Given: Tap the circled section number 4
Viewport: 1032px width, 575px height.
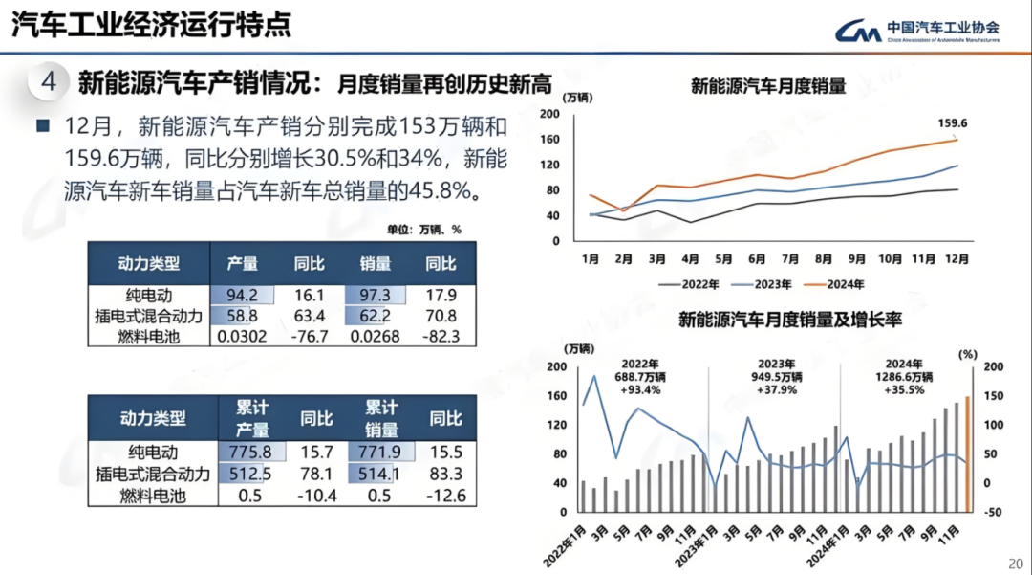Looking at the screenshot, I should (x=50, y=82).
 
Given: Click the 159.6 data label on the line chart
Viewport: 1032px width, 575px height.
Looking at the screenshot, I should (x=953, y=123).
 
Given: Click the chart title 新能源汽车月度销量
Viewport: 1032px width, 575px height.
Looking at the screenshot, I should (x=767, y=86).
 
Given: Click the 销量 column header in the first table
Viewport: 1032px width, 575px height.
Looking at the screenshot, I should (x=376, y=263).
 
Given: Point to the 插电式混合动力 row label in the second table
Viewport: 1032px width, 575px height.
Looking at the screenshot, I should (x=153, y=474).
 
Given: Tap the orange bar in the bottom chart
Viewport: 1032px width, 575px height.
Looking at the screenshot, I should (x=967, y=454).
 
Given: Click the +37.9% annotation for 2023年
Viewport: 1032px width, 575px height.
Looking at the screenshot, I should (x=775, y=390).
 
